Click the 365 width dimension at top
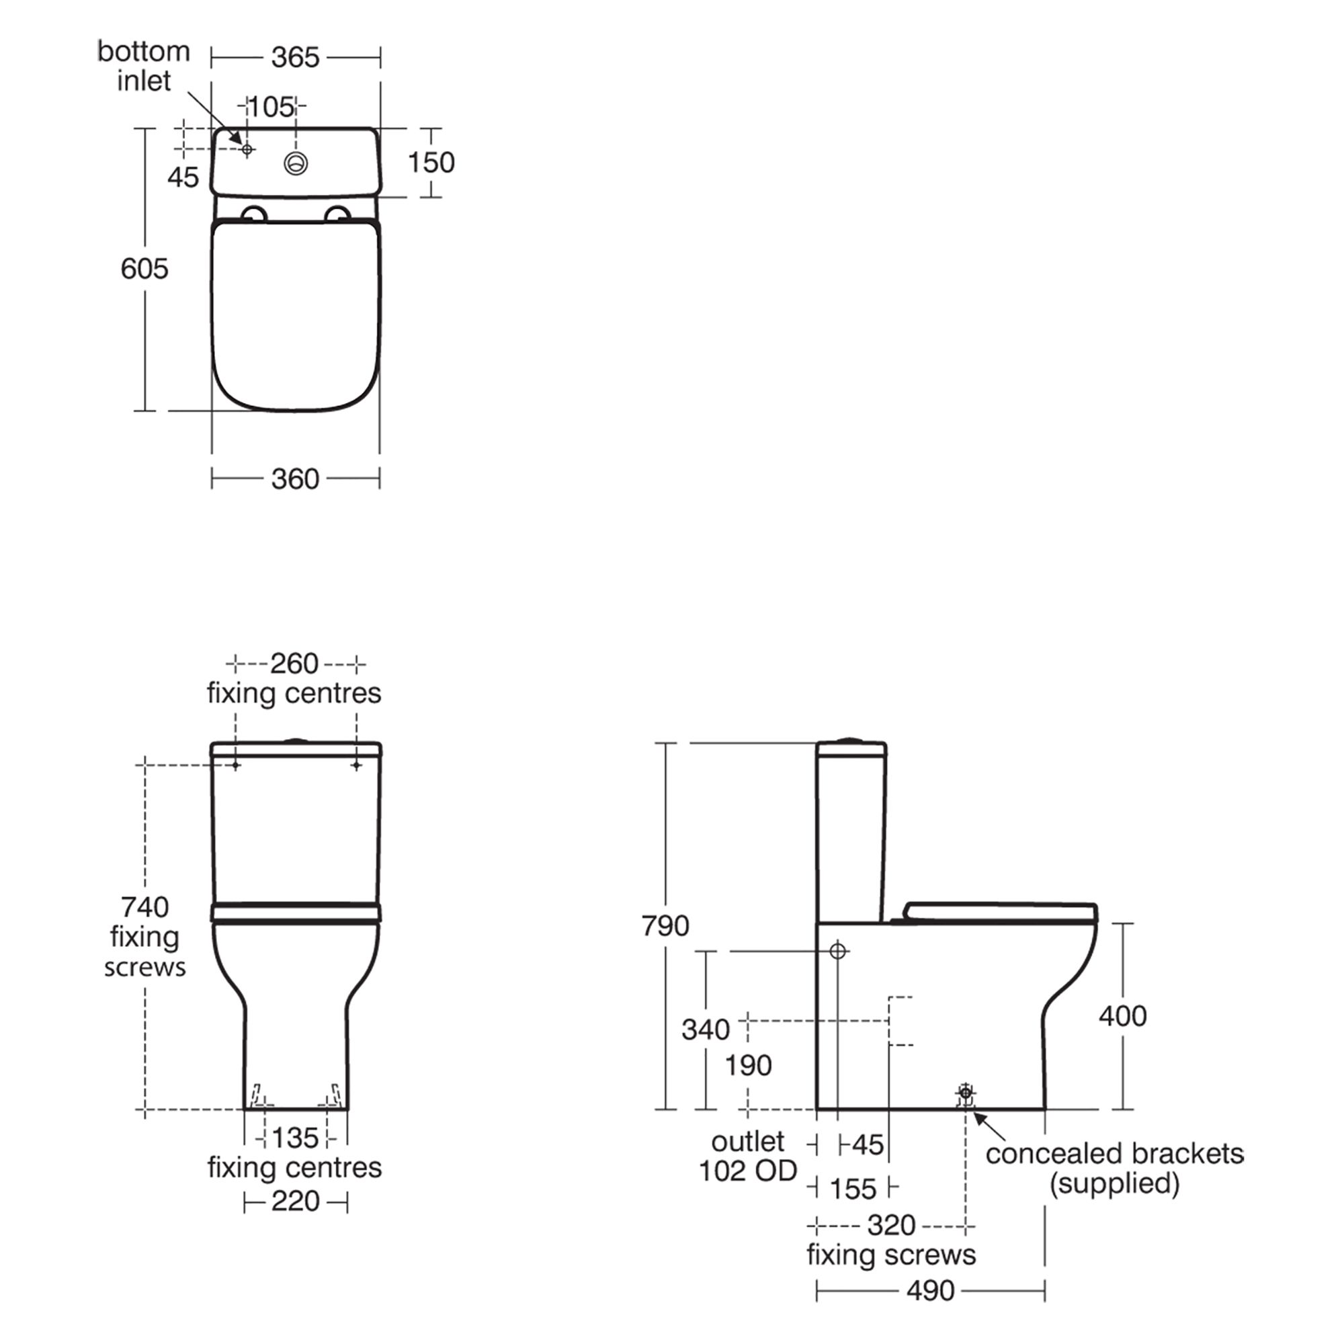(295, 58)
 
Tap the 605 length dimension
(144, 269)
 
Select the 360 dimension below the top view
(295, 479)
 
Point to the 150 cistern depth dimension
(431, 163)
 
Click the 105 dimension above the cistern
(271, 107)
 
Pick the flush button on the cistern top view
(296, 163)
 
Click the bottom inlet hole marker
(246, 149)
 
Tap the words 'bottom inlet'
(143, 66)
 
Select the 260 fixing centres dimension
(294, 665)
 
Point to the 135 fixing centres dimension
(295, 1138)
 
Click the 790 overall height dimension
(665, 926)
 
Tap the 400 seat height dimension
(1122, 1016)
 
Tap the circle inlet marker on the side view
(837, 950)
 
